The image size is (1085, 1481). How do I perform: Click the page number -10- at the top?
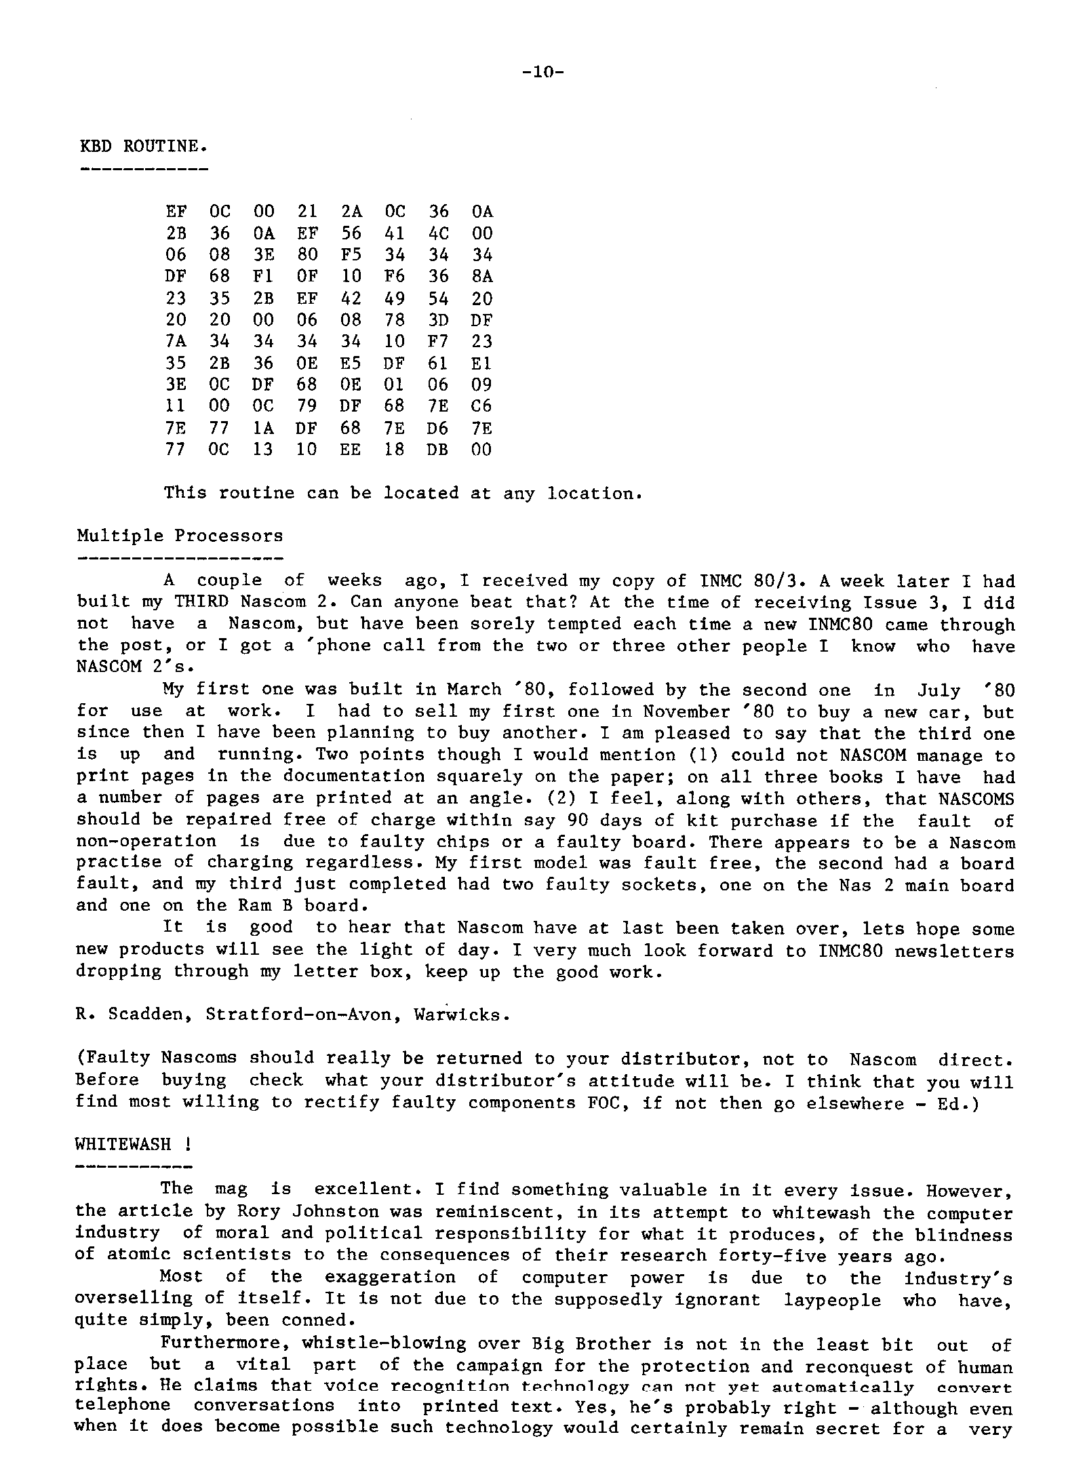543,73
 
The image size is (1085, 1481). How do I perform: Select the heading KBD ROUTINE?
144,146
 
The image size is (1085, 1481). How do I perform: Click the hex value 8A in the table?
481,277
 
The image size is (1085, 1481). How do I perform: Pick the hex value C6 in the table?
481,406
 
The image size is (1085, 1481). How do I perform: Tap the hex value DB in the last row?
437,450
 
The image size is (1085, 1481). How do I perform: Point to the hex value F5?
351,255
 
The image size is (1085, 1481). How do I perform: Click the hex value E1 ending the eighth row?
481,363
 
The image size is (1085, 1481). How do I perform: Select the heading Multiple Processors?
180,536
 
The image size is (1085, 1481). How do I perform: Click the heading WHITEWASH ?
132,1145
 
